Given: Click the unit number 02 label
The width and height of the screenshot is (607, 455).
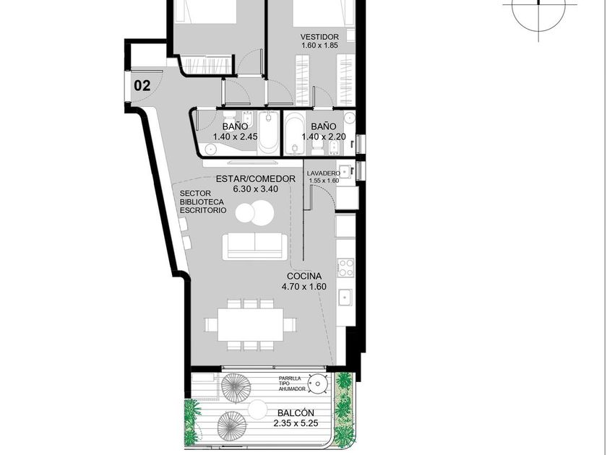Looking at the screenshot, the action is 142,85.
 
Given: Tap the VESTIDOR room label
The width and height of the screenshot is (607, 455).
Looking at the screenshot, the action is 319,37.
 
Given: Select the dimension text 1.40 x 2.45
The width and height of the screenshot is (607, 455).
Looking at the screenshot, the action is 235,136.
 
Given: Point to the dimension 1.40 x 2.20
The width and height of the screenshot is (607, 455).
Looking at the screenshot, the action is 324,136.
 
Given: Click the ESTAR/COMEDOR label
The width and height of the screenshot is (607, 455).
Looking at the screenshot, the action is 256,179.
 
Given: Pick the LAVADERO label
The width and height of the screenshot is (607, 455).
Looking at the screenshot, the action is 324,173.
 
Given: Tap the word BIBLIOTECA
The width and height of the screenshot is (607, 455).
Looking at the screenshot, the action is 202,202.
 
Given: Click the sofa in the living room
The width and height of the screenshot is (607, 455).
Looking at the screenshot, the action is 254,246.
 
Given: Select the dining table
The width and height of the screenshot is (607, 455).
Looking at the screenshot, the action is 251,324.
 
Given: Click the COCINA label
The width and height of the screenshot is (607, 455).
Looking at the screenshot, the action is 304,276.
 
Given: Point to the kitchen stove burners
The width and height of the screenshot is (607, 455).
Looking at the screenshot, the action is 345,268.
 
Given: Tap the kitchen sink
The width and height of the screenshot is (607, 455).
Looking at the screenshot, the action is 345,297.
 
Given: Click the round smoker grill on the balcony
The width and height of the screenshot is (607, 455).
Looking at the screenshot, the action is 318,383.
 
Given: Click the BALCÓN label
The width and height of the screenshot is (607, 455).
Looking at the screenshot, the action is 296,413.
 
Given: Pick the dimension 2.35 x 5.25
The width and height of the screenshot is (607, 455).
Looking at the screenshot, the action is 296,423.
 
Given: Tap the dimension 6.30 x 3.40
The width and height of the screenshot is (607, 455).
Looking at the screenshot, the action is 256,189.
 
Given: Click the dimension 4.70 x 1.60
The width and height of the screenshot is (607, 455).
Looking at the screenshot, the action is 304,287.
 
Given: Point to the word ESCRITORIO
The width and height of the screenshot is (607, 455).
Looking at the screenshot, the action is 203,210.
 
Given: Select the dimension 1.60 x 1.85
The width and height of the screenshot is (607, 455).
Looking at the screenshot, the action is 319,45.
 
